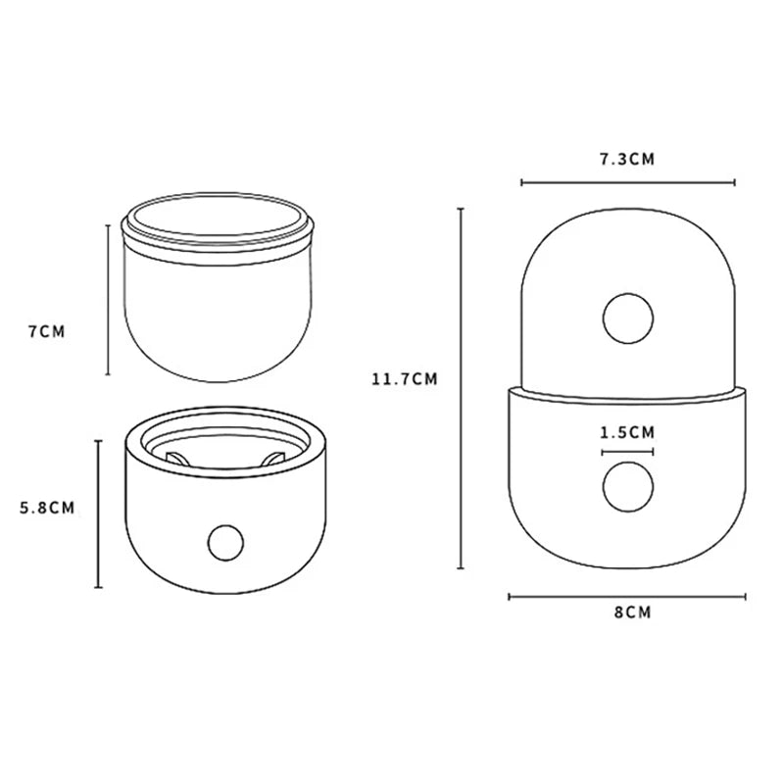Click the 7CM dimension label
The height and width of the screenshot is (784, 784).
pyautogui.click(x=46, y=331)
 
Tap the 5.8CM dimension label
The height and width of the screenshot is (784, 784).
pyautogui.click(x=47, y=508)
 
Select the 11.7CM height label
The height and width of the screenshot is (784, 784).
pyautogui.click(x=404, y=379)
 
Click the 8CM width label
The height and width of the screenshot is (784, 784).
pyautogui.click(x=633, y=612)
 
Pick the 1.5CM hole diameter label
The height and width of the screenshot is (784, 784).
pyautogui.click(x=627, y=432)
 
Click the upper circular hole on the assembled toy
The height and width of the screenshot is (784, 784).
pyautogui.click(x=628, y=318)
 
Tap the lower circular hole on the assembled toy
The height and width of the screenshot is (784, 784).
pyautogui.click(x=628, y=487)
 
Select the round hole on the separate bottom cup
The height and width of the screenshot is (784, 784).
pyautogui.click(x=225, y=543)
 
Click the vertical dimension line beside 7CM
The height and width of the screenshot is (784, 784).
pyautogui.click(x=108, y=300)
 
